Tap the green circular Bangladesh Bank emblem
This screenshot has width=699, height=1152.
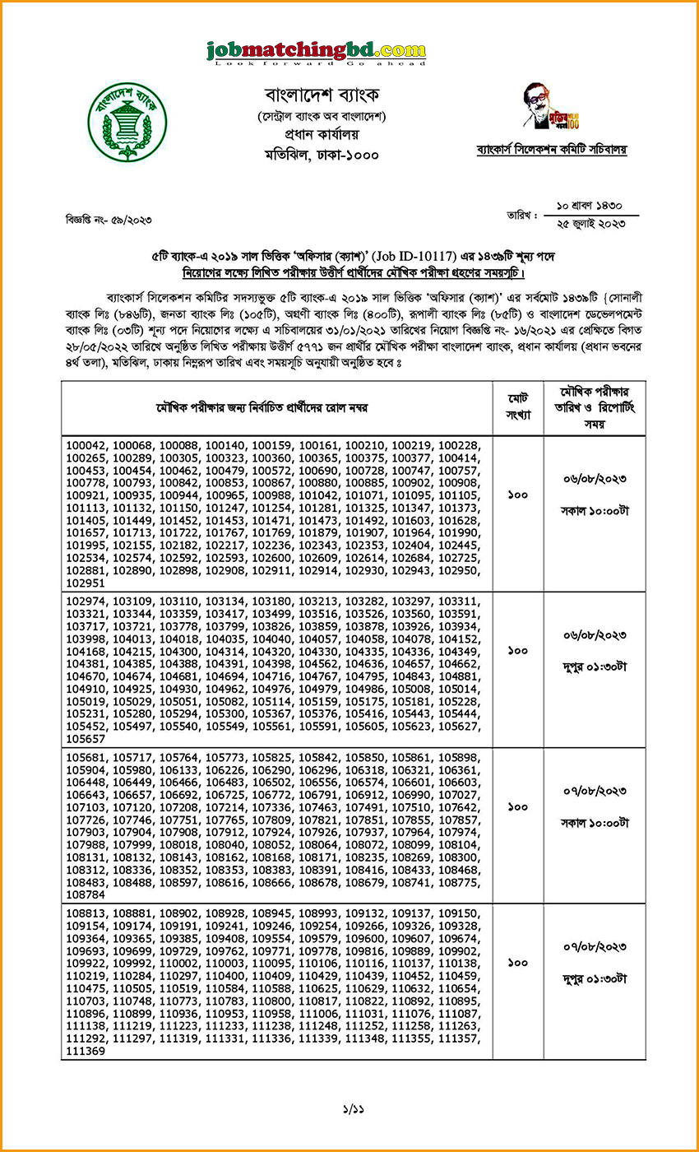click(x=127, y=122)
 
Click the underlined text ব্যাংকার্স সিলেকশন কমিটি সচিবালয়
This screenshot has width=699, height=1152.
click(x=551, y=150)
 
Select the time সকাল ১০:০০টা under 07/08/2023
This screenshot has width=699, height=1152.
click(x=595, y=822)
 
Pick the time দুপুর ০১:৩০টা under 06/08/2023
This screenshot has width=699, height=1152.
click(x=595, y=667)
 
